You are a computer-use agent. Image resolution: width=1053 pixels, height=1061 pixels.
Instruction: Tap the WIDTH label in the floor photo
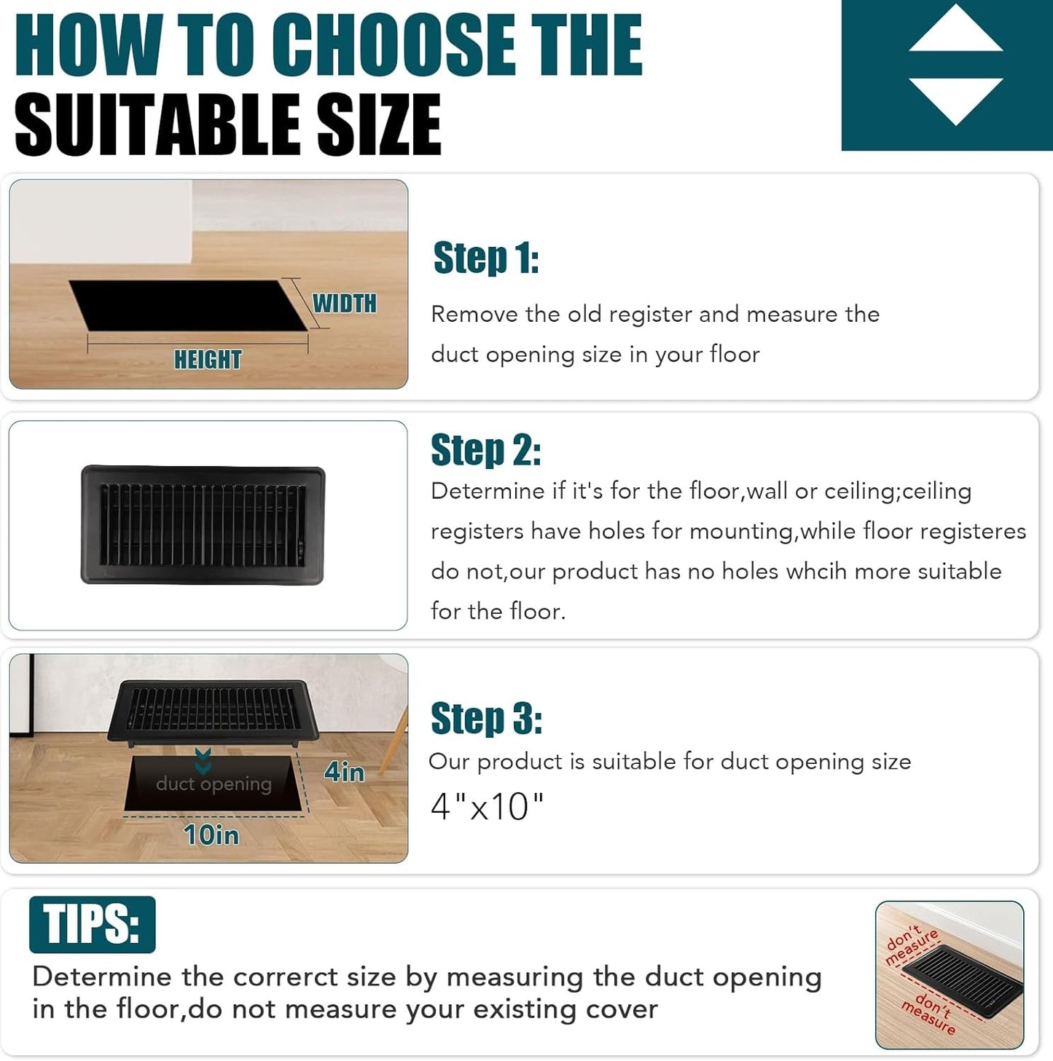[x=345, y=304]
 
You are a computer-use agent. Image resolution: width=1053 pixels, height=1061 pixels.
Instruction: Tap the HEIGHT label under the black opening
[x=208, y=360]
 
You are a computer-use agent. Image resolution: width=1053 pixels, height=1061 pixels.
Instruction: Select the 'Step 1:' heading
[x=486, y=257]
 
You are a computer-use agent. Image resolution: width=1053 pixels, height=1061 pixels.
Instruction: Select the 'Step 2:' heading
[x=485, y=450]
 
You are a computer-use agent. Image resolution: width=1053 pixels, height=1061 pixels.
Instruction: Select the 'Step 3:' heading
[x=487, y=718]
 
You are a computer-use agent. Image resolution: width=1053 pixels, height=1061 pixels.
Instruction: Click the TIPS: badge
[x=92, y=924]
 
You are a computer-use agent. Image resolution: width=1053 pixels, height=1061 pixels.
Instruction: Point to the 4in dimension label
[x=345, y=772]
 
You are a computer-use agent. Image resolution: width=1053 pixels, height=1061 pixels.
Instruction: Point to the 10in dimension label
[x=211, y=835]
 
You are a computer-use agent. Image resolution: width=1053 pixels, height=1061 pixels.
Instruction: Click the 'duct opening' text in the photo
[x=214, y=784]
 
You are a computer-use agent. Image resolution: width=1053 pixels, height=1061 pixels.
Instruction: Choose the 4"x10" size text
[x=487, y=807]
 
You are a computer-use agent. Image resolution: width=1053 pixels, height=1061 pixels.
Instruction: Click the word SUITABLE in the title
[x=157, y=125]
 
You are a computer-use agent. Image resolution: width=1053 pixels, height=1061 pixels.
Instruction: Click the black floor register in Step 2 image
[x=203, y=525]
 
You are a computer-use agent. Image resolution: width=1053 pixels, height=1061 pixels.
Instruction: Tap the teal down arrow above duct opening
[x=203, y=762]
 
